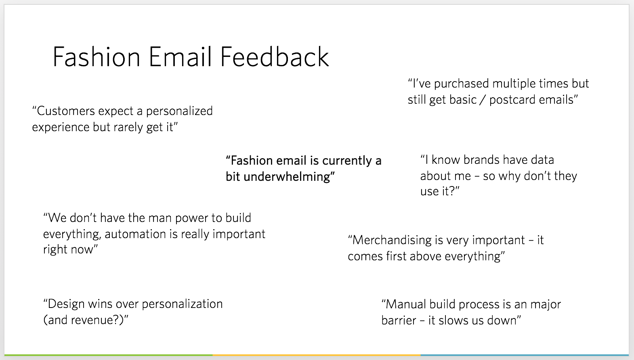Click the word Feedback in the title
click(275, 57)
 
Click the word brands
click(481, 160)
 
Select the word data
click(542, 160)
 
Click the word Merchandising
click(392, 241)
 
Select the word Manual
click(406, 305)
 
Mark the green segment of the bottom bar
click(108, 355)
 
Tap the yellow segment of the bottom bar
click(317, 355)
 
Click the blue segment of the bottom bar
click(525, 355)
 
